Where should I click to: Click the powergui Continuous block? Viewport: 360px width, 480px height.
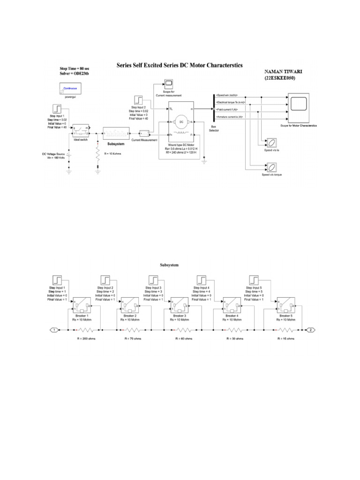(70, 89)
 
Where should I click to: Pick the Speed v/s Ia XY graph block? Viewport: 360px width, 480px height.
(271, 142)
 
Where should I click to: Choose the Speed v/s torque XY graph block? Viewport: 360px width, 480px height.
(271, 166)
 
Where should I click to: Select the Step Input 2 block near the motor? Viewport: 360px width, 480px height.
(138, 100)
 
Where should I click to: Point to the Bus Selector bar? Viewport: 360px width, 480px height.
(207, 106)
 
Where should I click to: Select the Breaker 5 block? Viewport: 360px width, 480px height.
(285, 305)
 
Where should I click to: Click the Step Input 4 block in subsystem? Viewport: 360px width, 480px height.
(203, 280)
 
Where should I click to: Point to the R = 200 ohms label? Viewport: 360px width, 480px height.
(86, 338)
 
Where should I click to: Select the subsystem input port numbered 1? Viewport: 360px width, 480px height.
(54, 330)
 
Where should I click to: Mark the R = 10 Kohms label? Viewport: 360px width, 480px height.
(110, 154)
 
